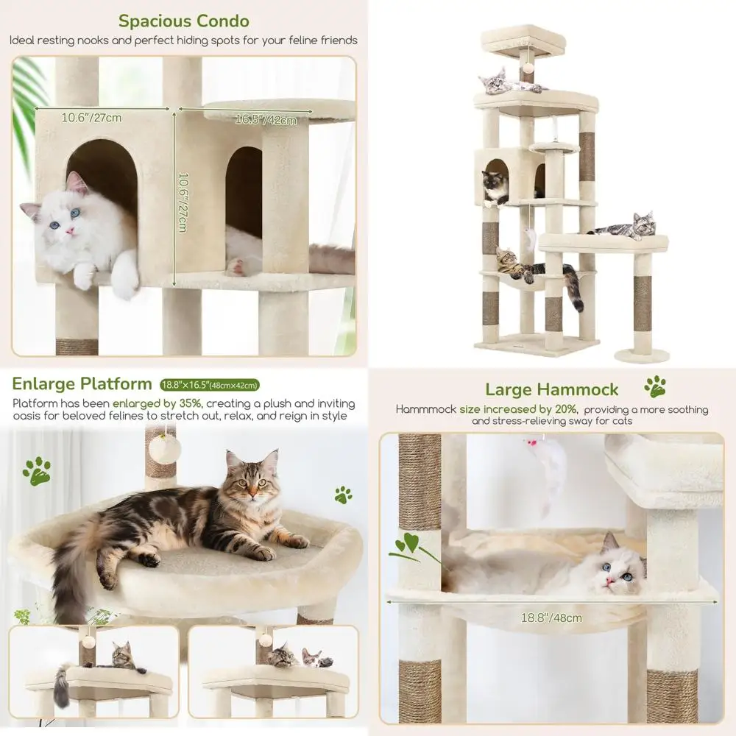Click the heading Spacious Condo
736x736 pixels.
tap(184, 21)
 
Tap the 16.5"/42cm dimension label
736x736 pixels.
tap(266, 120)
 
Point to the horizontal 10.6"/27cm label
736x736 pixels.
tap(91, 117)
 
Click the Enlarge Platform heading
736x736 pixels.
tap(81, 383)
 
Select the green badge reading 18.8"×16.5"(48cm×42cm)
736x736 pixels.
tap(210, 384)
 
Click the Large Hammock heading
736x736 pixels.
tap(551, 389)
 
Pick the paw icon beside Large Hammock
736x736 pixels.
tap(654, 386)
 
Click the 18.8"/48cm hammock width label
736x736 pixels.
tap(551, 618)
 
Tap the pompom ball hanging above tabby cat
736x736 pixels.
tap(164, 449)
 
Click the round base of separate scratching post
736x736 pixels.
tap(642, 356)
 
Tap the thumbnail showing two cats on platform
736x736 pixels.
tap(273, 662)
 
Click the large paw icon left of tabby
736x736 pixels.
tap(37, 470)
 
